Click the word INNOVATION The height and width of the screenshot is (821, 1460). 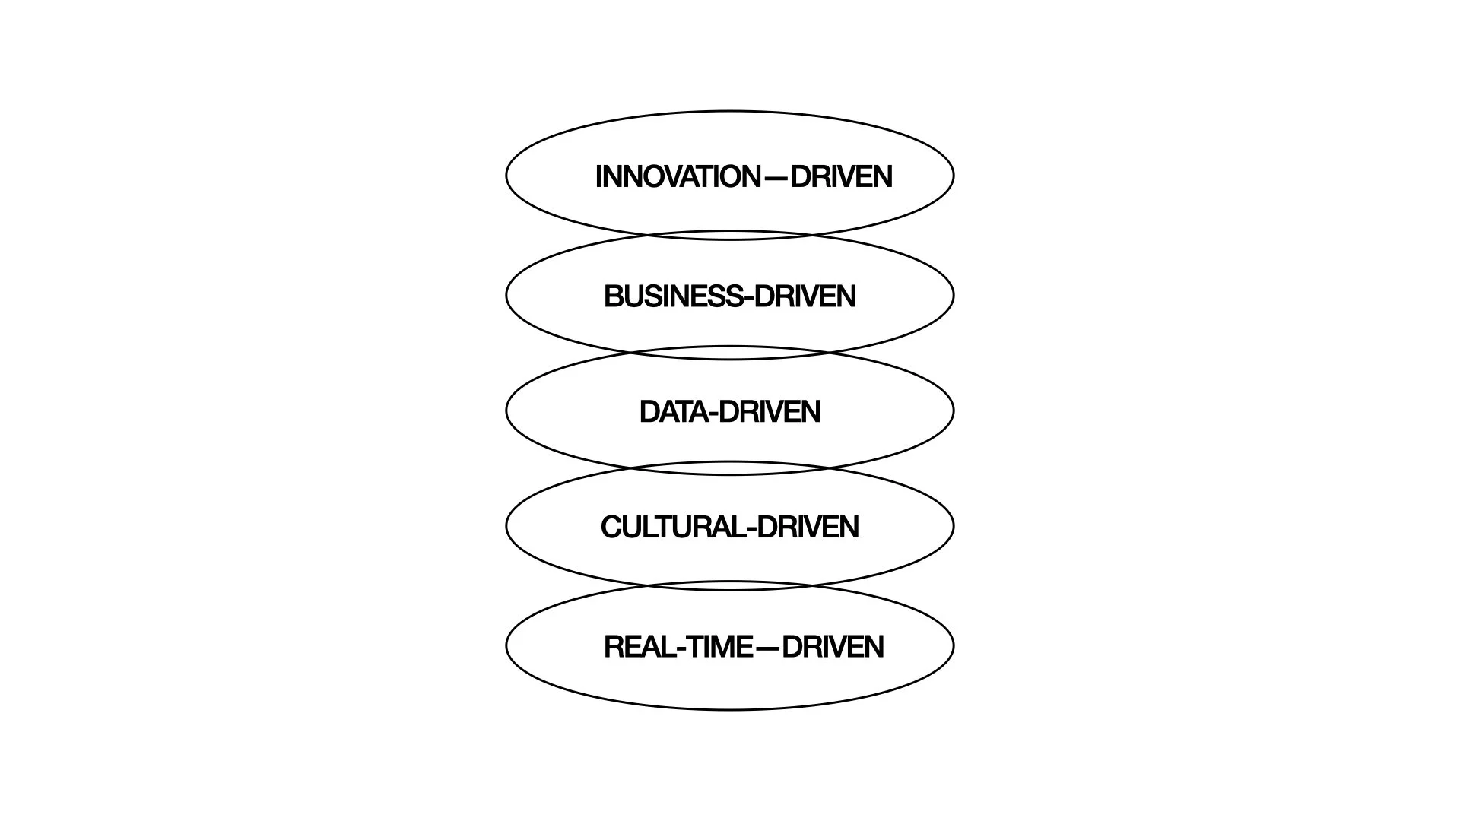point(678,176)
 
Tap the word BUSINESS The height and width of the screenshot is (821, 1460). point(673,296)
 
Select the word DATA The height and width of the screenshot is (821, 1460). point(674,412)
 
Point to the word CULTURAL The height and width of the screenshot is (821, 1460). point(672,528)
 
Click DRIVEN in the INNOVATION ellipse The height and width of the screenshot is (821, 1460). point(841,176)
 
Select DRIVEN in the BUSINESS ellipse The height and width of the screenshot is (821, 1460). point(806,296)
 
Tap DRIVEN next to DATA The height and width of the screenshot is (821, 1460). point(770,412)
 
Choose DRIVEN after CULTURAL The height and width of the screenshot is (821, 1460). point(808,528)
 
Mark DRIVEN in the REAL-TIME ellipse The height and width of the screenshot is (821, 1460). point(833,647)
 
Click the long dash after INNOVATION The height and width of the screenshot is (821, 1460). point(776,177)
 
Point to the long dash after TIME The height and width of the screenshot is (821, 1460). point(767,648)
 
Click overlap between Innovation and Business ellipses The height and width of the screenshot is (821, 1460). point(730,235)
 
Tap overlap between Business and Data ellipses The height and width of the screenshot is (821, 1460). point(730,353)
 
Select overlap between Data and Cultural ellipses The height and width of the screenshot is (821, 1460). point(730,468)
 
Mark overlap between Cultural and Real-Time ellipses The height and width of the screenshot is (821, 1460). point(730,585)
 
